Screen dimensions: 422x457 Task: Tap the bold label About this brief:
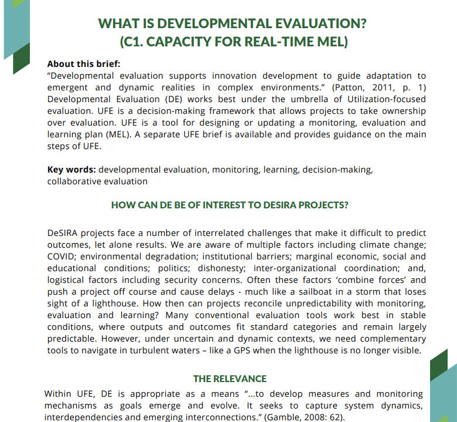[83, 64]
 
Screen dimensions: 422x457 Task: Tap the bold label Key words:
[71, 170]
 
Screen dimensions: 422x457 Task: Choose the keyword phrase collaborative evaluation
[97, 181]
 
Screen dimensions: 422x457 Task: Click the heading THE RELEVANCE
[230, 379]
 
